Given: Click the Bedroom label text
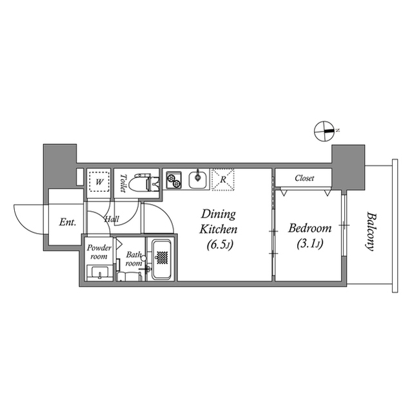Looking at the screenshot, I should point(309,228).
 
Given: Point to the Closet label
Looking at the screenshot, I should point(304,178).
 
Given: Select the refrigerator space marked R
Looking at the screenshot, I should point(222,180).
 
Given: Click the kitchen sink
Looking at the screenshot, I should point(199,180).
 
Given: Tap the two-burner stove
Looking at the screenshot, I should point(174,180).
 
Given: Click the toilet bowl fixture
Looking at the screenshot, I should point(141,183).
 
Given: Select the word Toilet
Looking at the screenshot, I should point(122,183).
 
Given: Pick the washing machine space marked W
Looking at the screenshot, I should point(99,182).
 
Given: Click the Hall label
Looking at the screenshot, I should point(112,220).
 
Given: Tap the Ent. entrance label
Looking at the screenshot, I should point(68,223).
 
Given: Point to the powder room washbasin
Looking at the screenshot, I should point(100,274).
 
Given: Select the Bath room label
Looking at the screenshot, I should point(133,259).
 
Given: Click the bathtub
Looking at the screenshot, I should point(161,259).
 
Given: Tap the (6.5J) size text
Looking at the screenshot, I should point(220,245).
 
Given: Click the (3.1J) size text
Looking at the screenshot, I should point(309,244).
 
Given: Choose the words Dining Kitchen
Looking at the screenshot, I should point(220,221).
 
